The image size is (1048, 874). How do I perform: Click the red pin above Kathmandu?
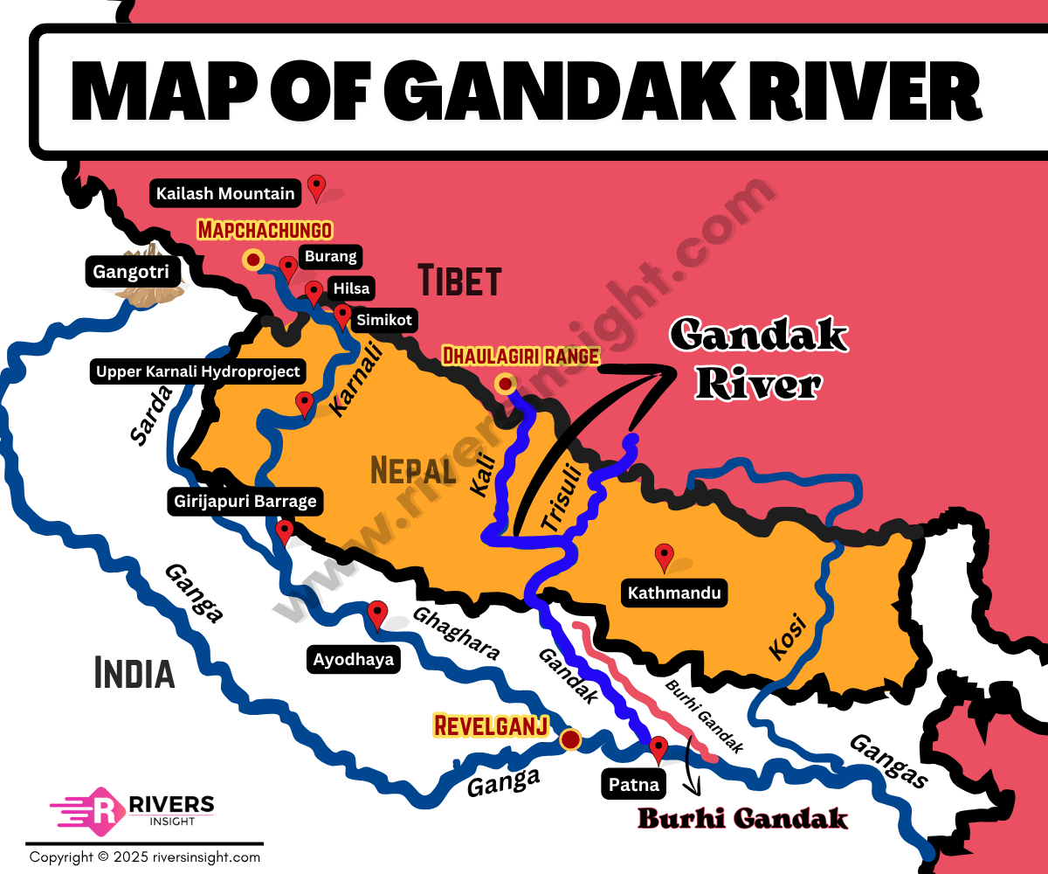pyautogui.click(x=665, y=556)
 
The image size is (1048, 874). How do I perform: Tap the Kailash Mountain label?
pyautogui.click(x=226, y=192)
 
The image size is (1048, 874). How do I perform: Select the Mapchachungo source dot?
pyautogui.click(x=253, y=259)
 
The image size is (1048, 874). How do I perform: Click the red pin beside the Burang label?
pyautogui.click(x=288, y=267)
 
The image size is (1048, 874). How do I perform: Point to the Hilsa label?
pyautogui.click(x=349, y=288)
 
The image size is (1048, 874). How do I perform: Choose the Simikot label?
pyautogui.click(x=383, y=321)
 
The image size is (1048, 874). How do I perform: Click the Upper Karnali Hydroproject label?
pyautogui.click(x=198, y=371)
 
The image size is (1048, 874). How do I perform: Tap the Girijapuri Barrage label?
pyautogui.click(x=245, y=503)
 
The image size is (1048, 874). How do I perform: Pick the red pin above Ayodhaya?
pyautogui.click(x=377, y=614)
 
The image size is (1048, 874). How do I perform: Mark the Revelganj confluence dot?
pyautogui.click(x=570, y=740)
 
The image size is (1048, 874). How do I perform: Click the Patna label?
pyautogui.click(x=634, y=784)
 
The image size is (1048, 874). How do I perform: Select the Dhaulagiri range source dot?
pyautogui.click(x=505, y=383)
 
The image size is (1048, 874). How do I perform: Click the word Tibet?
pyautogui.click(x=459, y=281)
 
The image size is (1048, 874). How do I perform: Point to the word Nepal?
pyautogui.click(x=414, y=471)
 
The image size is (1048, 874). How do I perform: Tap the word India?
pyautogui.click(x=134, y=674)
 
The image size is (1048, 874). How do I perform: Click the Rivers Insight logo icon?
pyautogui.click(x=103, y=806)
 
